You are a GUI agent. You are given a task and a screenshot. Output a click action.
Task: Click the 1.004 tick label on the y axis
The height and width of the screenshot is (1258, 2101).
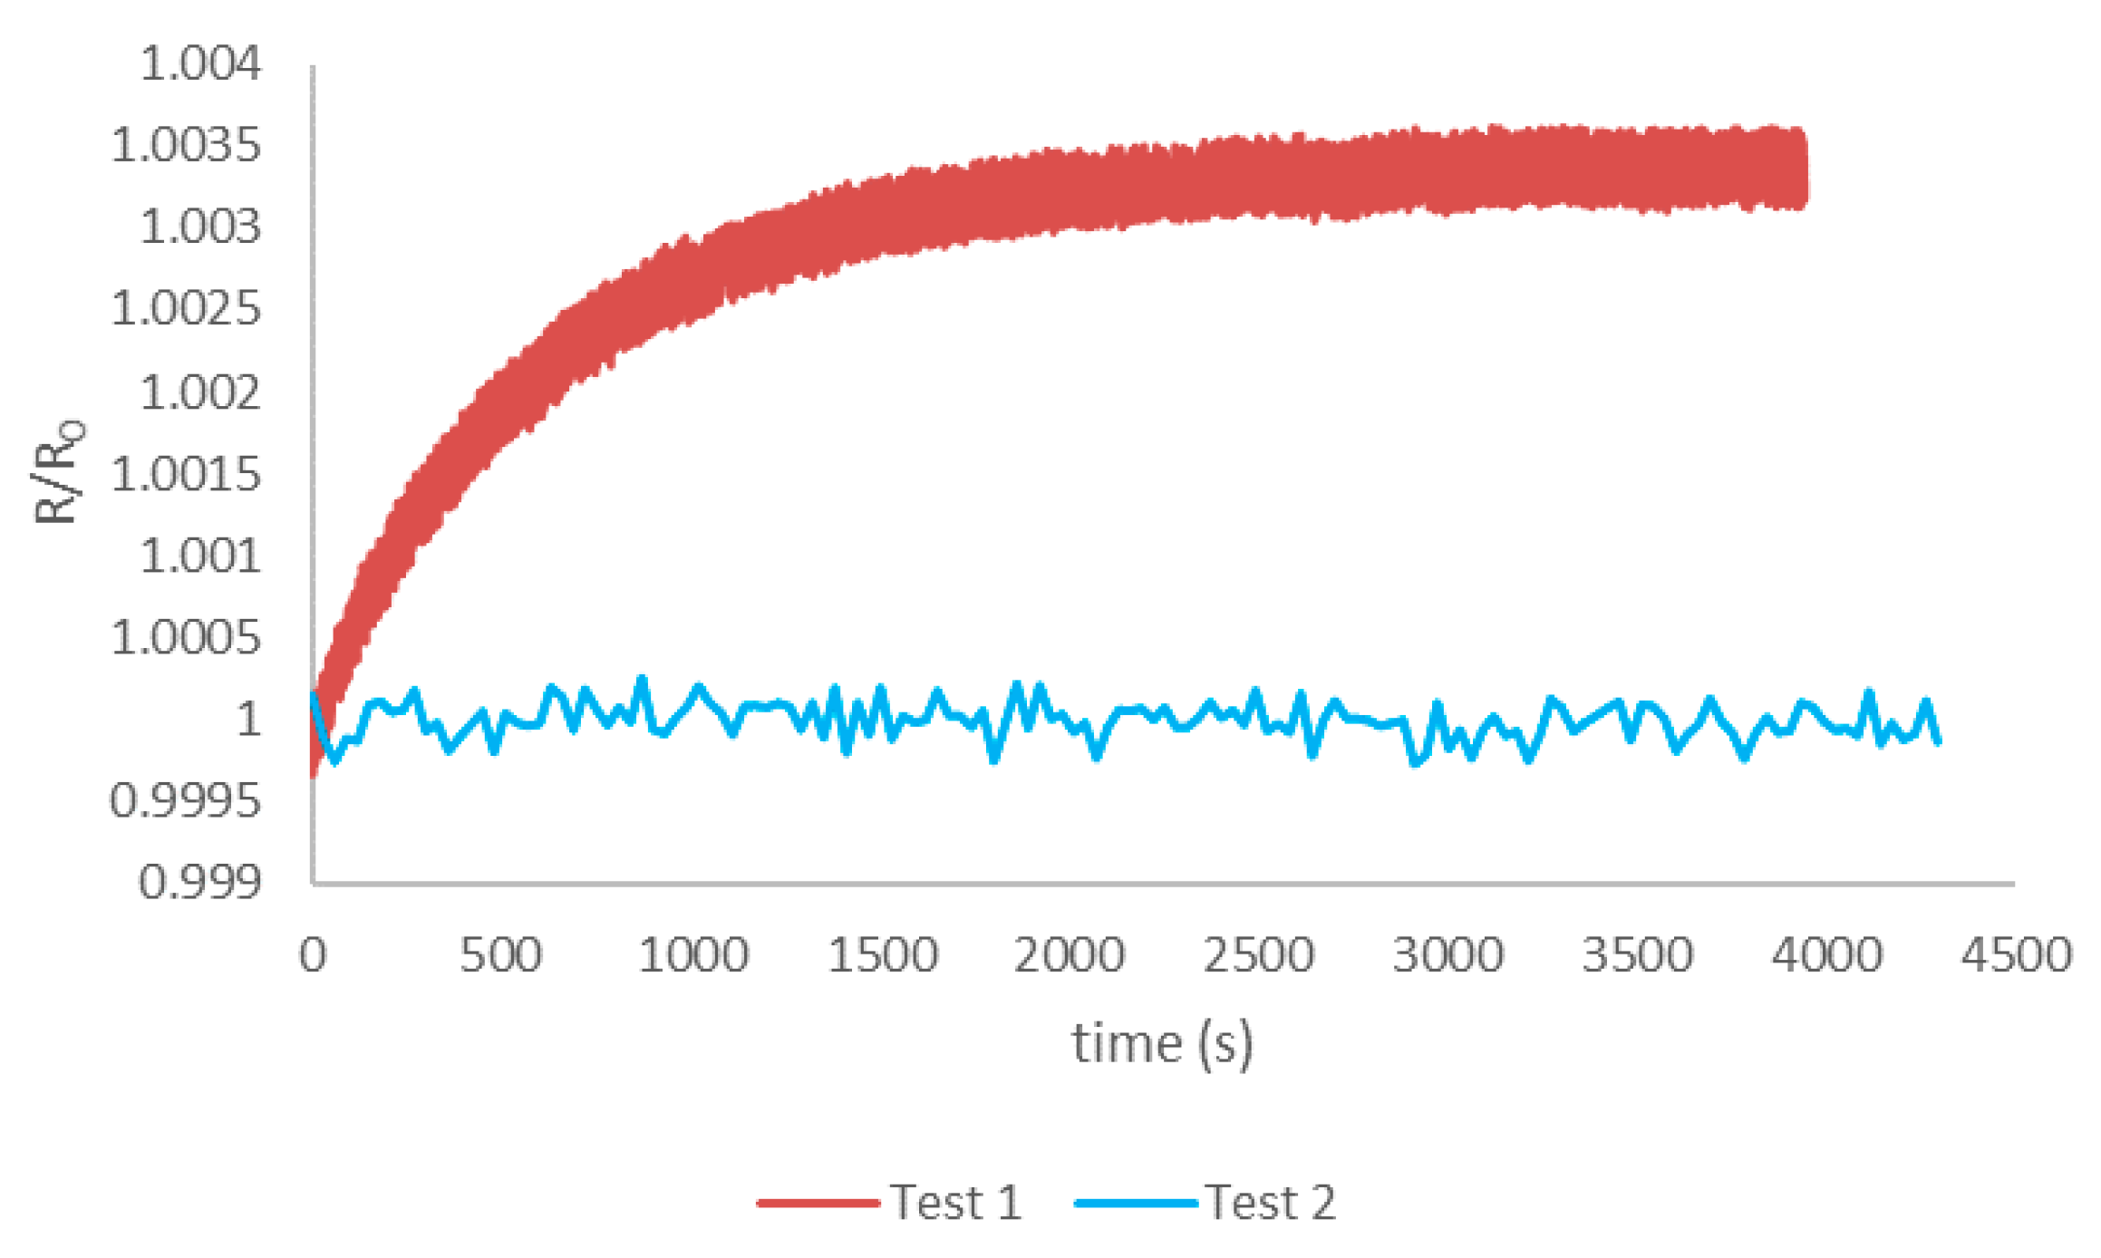click(200, 64)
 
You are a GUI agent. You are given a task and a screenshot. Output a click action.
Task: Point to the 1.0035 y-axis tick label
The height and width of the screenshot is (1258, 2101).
click(186, 145)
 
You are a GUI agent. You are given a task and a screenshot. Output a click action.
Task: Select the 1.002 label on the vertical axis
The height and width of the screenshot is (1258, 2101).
click(200, 392)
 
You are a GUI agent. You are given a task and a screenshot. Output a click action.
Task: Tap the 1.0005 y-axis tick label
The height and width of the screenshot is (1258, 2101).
click(186, 638)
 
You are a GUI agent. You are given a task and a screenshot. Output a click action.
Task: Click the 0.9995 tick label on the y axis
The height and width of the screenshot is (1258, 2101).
click(186, 801)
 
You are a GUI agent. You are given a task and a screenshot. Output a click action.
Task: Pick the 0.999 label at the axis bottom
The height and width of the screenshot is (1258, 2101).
click(200, 882)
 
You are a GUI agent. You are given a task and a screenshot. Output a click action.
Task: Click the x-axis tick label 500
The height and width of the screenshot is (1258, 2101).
click(500, 955)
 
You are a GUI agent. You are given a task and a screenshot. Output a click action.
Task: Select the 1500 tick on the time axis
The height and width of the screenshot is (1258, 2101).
click(883, 955)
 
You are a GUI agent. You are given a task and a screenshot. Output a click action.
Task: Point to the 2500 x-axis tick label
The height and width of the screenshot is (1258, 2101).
click(1258, 955)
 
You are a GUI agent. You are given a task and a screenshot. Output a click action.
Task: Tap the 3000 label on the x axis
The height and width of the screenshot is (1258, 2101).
click(1447, 955)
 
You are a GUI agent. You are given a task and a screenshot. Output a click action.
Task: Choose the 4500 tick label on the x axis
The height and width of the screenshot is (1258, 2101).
click(2017, 955)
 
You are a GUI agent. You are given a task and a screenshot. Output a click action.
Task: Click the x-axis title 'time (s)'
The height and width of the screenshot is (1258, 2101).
click(1163, 1043)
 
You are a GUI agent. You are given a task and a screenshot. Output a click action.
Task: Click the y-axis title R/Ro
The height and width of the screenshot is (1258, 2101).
click(58, 472)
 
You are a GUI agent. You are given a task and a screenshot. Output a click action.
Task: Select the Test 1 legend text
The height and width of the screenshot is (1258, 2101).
click(956, 1203)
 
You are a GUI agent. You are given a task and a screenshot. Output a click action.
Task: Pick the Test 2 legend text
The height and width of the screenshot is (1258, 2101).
click(1270, 1203)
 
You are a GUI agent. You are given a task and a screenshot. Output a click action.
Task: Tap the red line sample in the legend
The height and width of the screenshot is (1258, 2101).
click(818, 1204)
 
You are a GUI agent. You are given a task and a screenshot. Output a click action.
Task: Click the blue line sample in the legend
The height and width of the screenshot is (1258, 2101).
click(1136, 1204)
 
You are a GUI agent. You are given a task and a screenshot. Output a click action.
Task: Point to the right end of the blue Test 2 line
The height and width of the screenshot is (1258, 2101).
click(1938, 741)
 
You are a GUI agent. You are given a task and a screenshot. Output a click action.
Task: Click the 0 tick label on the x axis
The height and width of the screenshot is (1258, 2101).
click(313, 955)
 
